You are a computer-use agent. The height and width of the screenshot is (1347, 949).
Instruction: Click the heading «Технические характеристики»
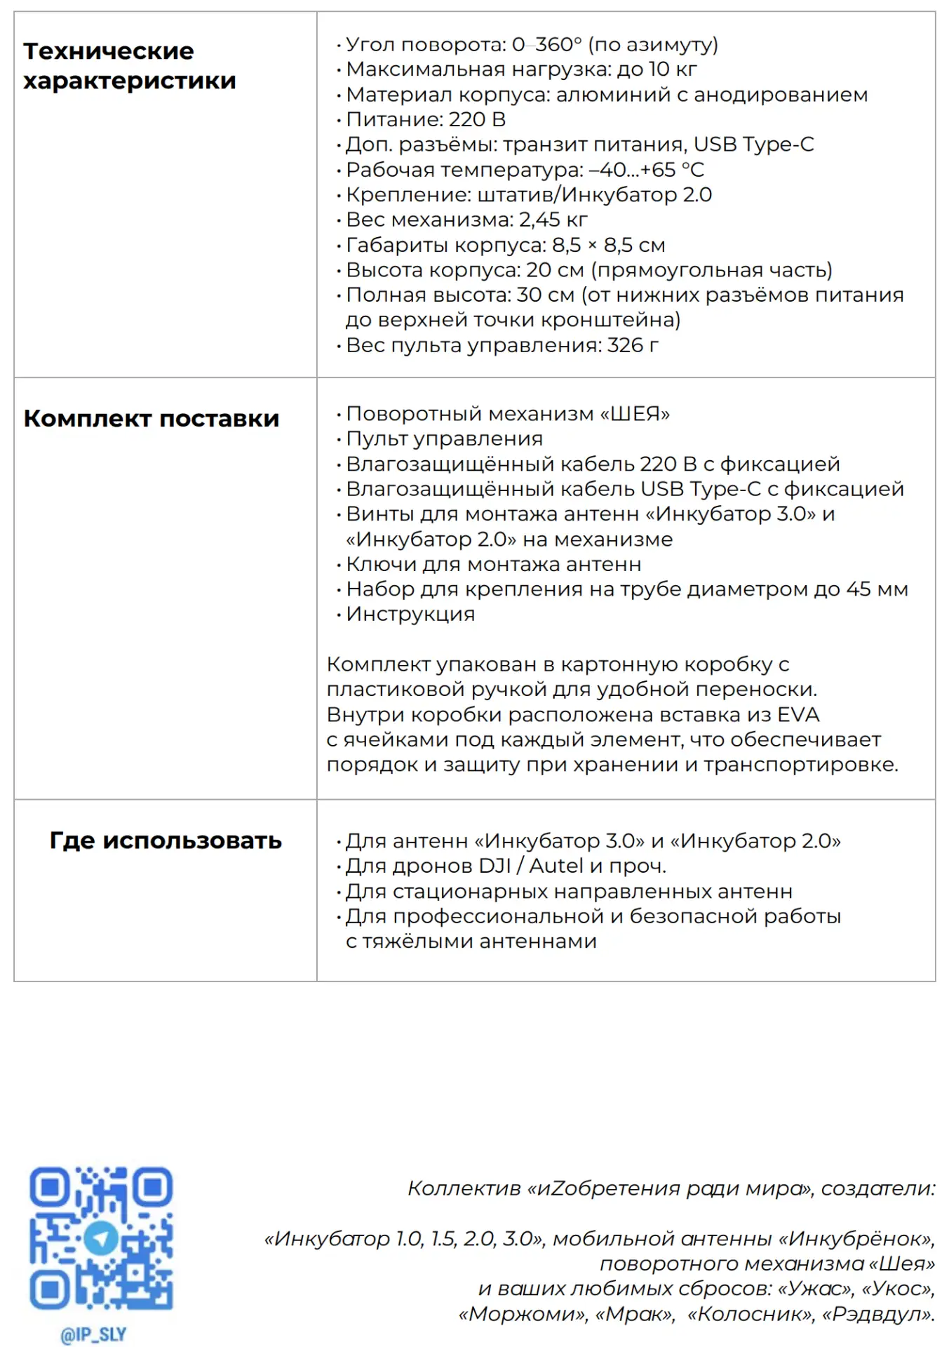pyautogui.click(x=129, y=66)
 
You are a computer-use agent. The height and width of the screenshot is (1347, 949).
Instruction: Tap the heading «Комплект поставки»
pyautogui.click(x=151, y=419)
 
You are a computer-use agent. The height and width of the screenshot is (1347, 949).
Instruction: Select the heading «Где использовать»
pyautogui.click(x=166, y=840)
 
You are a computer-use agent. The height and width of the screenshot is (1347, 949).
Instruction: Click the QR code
pyautogui.click(x=101, y=1238)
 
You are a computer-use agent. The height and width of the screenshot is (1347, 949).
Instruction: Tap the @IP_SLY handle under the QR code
pyautogui.click(x=93, y=1334)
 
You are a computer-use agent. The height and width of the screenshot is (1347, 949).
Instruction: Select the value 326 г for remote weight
pyautogui.click(x=633, y=345)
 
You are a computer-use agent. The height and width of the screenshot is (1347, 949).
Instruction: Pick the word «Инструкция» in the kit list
pyautogui.click(x=410, y=615)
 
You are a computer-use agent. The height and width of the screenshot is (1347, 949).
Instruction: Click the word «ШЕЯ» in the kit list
pyautogui.click(x=635, y=414)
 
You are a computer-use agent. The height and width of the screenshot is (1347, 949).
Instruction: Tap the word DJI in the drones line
pyautogui.click(x=494, y=866)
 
